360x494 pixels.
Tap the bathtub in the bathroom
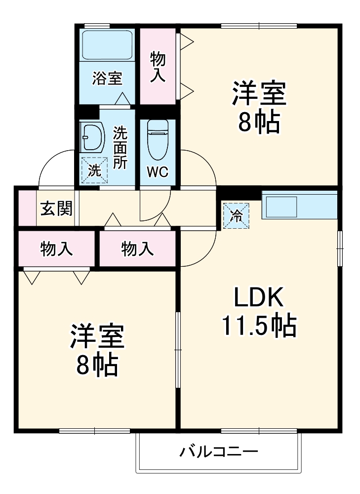pos(107,45)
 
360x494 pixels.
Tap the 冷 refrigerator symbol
pos(236,216)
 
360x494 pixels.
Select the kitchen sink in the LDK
pos(281,206)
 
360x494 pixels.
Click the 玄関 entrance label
pos(56,208)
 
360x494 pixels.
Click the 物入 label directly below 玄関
pos(56,249)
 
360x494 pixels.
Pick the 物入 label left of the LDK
pos(138,249)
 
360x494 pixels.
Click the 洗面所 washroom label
pos(120,148)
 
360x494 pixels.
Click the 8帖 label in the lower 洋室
pos(96,365)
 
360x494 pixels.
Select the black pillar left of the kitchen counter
pos(239,194)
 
